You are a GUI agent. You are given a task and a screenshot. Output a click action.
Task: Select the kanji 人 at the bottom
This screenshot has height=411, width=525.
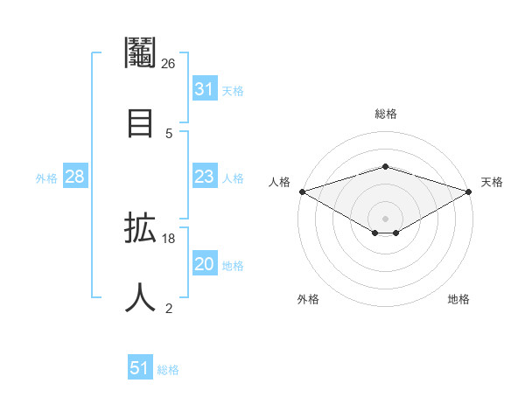coord(141,296)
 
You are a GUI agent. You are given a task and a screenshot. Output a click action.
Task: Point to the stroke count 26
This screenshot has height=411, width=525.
coord(169,63)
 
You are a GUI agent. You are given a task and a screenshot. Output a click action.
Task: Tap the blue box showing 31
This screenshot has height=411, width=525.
coord(204,89)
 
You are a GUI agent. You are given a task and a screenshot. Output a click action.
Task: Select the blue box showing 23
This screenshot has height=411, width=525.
coord(204,177)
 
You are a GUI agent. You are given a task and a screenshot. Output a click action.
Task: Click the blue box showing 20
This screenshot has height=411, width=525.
coord(204,264)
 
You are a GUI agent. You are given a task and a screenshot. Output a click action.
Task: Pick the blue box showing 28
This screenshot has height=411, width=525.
coord(75,177)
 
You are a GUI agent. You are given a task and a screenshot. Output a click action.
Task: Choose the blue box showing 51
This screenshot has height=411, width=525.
coord(140,368)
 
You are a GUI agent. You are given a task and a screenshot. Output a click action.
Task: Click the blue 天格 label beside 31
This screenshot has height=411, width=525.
coord(233,91)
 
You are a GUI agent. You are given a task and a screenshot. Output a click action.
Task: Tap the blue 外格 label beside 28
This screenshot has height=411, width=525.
coord(46,178)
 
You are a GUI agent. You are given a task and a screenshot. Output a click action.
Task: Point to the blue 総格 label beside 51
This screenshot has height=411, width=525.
coord(168,370)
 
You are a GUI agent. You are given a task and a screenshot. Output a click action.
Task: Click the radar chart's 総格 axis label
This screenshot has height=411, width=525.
coord(386,114)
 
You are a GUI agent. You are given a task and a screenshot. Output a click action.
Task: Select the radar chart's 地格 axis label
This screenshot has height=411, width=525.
coord(458,299)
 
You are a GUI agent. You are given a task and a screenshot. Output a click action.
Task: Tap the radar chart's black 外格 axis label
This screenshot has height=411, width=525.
coord(308,299)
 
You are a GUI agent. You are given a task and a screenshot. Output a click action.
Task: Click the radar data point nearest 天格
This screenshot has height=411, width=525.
coord(470,191)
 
